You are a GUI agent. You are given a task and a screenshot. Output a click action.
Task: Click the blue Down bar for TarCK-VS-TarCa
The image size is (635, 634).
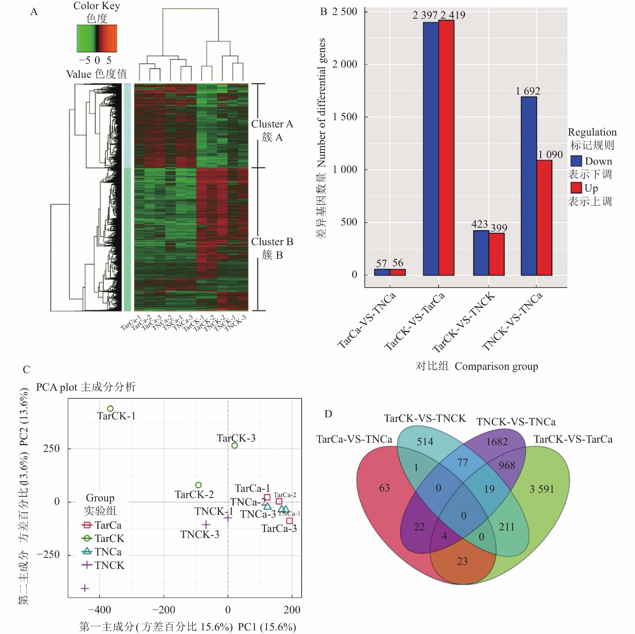pos(431,149)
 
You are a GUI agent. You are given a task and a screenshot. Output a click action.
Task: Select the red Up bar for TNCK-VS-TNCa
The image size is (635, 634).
pos(544,218)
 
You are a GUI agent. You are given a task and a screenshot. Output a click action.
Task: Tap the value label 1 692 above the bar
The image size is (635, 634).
pos(528,91)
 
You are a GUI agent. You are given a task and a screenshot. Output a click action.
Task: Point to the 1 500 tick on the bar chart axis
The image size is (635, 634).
pos(345,117)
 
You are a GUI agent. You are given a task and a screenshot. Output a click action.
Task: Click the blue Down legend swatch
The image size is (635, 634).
pos(576,161)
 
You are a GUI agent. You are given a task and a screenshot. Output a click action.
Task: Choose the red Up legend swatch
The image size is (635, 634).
pos(576,188)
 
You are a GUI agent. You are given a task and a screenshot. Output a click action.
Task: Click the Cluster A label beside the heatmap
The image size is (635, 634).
pos(272,124)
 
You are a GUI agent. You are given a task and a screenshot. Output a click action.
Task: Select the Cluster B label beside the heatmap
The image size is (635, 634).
pos(272,242)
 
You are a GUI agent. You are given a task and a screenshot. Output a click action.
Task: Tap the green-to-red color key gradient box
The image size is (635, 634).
pos(97,38)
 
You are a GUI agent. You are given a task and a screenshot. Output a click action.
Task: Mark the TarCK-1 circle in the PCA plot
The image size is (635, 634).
pos(110,409)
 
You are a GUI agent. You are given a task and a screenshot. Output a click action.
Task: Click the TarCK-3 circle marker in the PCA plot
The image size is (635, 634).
pos(235,446)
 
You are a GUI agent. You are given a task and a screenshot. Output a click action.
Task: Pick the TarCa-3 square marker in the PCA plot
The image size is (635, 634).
pos(289,521)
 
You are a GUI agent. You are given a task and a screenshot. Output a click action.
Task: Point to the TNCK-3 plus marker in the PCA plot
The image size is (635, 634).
pos(206,525)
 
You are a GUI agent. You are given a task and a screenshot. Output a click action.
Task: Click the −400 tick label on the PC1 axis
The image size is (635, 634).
pos(99,610)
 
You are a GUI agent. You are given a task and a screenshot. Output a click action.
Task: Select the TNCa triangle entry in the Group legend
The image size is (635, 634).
pos(87,551)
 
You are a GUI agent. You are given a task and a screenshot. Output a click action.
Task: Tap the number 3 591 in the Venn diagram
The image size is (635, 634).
pos(541,489)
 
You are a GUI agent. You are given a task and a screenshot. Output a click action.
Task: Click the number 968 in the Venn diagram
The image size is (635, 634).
pos(506,465)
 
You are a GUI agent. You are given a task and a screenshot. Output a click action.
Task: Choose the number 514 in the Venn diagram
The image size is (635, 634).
pos(425,442)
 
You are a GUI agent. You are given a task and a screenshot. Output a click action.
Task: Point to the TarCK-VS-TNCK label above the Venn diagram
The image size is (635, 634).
pos(425,419)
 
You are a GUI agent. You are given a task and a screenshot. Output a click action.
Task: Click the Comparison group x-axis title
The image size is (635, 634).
pos(496,366)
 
